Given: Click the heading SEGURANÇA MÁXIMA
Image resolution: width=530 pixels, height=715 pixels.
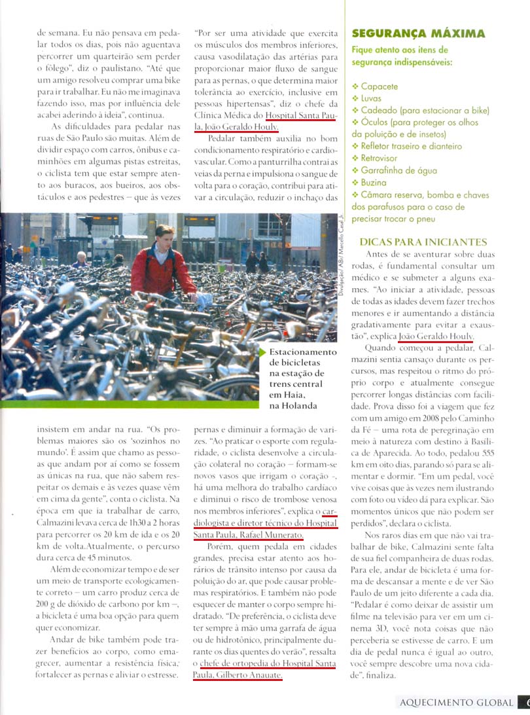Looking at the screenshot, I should (x=418, y=33).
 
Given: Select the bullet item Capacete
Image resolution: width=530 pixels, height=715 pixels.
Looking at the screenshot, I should (x=379, y=86).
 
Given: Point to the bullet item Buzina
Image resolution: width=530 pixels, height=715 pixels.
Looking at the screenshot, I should (x=374, y=183).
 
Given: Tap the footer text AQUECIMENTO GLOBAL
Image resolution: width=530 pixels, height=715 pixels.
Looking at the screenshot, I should (x=456, y=703).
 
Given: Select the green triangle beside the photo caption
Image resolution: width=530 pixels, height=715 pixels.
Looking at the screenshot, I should (x=264, y=352).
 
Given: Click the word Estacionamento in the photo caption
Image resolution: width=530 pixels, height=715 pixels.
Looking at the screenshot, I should (x=303, y=352).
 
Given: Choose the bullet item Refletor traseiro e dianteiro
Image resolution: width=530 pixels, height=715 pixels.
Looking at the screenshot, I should (x=411, y=146).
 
